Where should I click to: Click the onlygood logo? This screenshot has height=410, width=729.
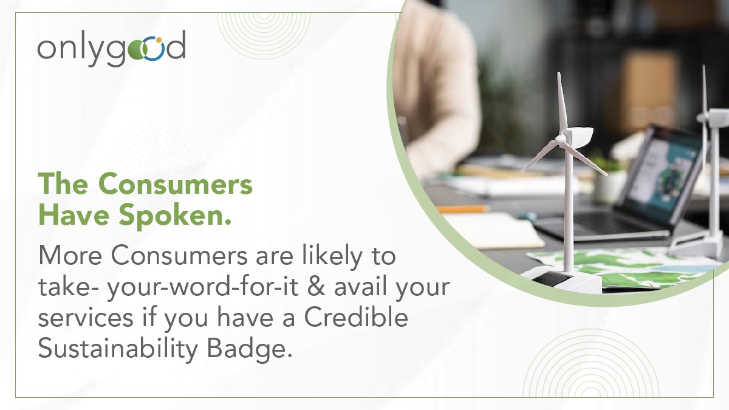pyautogui.click(x=112, y=48)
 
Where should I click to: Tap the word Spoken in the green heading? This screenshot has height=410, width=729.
pyautogui.click(x=175, y=215)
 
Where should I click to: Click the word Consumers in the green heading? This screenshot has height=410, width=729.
pyautogui.click(x=176, y=184)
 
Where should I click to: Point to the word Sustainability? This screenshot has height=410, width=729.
pyautogui.click(x=118, y=349)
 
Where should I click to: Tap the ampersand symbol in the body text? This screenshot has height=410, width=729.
pyautogui.click(x=316, y=286)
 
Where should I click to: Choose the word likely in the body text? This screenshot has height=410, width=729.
pyautogui.click(x=332, y=257)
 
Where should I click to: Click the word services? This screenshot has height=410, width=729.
pyautogui.click(x=86, y=318)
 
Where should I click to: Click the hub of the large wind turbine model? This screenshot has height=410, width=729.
pyautogui.click(x=561, y=139)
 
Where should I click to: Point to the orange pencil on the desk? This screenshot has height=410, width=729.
pyautogui.click(x=462, y=208)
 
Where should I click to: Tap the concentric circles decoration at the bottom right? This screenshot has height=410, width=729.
pyautogui.click(x=590, y=364)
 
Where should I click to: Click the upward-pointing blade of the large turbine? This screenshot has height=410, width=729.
pyautogui.click(x=562, y=104)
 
